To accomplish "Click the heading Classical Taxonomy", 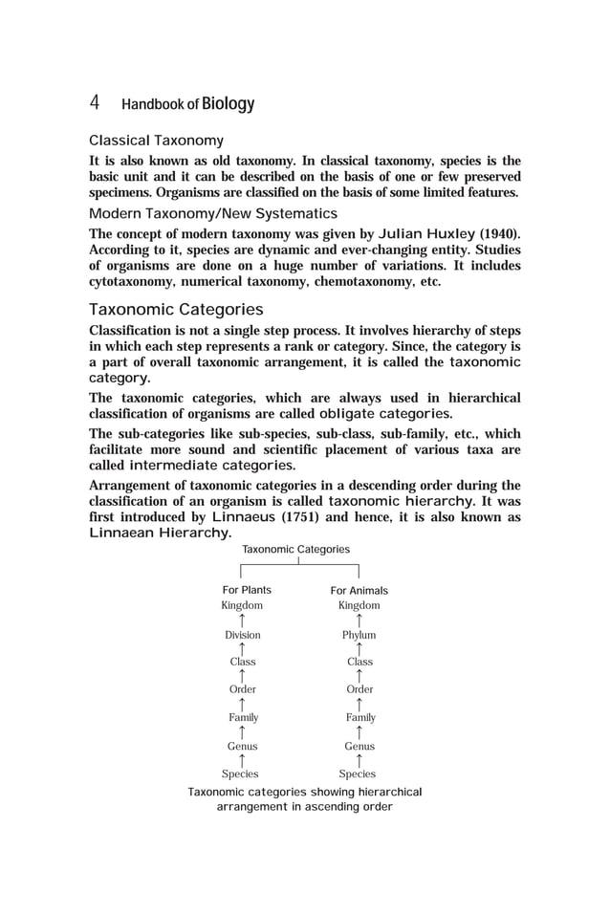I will pyautogui.click(x=157, y=141).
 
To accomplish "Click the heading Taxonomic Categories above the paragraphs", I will pyautogui.click(x=176, y=310).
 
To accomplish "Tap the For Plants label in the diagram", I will pyautogui.click(x=247, y=590).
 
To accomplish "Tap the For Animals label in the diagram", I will pyautogui.click(x=359, y=591).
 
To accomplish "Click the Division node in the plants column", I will pyautogui.click(x=242, y=635).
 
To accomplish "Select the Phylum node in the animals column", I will pyautogui.click(x=359, y=635).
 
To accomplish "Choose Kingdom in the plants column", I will pyautogui.click(x=242, y=606).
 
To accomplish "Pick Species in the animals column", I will pyautogui.click(x=358, y=774).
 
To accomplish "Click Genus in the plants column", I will pyautogui.click(x=242, y=746).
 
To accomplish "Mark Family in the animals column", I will pyautogui.click(x=360, y=717).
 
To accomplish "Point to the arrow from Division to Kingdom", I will pyautogui.click(x=242, y=621).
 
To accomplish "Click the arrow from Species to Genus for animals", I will pyautogui.click(x=359, y=760).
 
